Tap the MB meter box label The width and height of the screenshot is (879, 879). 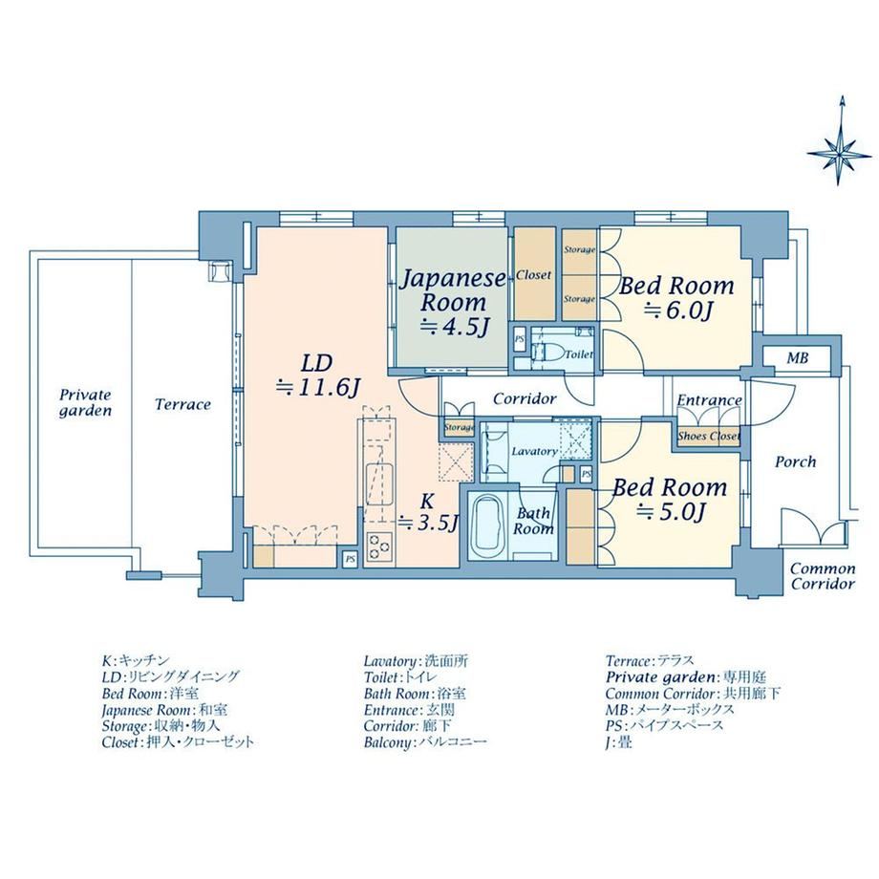797,357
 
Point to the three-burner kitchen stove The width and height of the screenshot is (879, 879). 378,547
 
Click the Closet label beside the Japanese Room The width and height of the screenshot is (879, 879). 533,275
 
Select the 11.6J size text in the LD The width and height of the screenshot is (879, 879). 317,387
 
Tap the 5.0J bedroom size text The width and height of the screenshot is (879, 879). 671,511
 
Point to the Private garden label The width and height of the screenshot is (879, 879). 85,402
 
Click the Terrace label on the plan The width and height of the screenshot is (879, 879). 182,404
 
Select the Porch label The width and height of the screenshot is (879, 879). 795,461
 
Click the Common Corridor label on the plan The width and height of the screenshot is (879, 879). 823,577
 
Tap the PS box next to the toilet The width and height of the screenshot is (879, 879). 520,340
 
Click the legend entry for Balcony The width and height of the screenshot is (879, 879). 425,742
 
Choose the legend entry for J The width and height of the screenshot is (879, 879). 619,743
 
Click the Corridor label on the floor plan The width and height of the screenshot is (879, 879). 525,398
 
